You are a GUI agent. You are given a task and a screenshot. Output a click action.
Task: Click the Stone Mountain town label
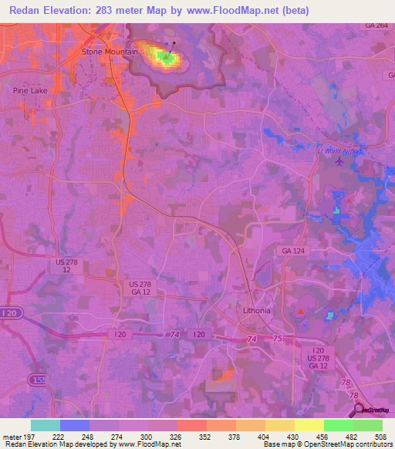110,52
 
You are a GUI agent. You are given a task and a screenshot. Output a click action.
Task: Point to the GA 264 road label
377,25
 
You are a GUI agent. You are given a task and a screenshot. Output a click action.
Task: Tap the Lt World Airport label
339,151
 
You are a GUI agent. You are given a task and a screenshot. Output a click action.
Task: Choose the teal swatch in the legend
46,425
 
